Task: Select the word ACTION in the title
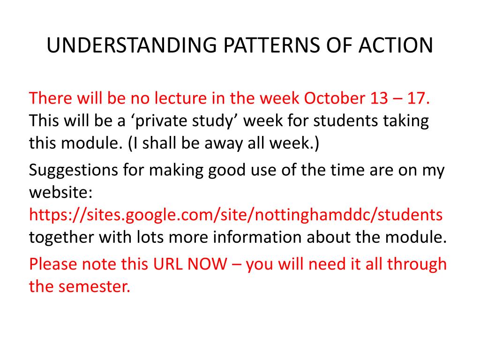pyautogui.click(x=396, y=45)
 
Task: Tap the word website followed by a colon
pyautogui.click(x=60, y=192)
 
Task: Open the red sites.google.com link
pyautogui.click(x=236, y=215)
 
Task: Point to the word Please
pyautogui.click(x=53, y=264)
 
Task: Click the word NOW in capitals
pyautogui.click(x=207, y=264)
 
